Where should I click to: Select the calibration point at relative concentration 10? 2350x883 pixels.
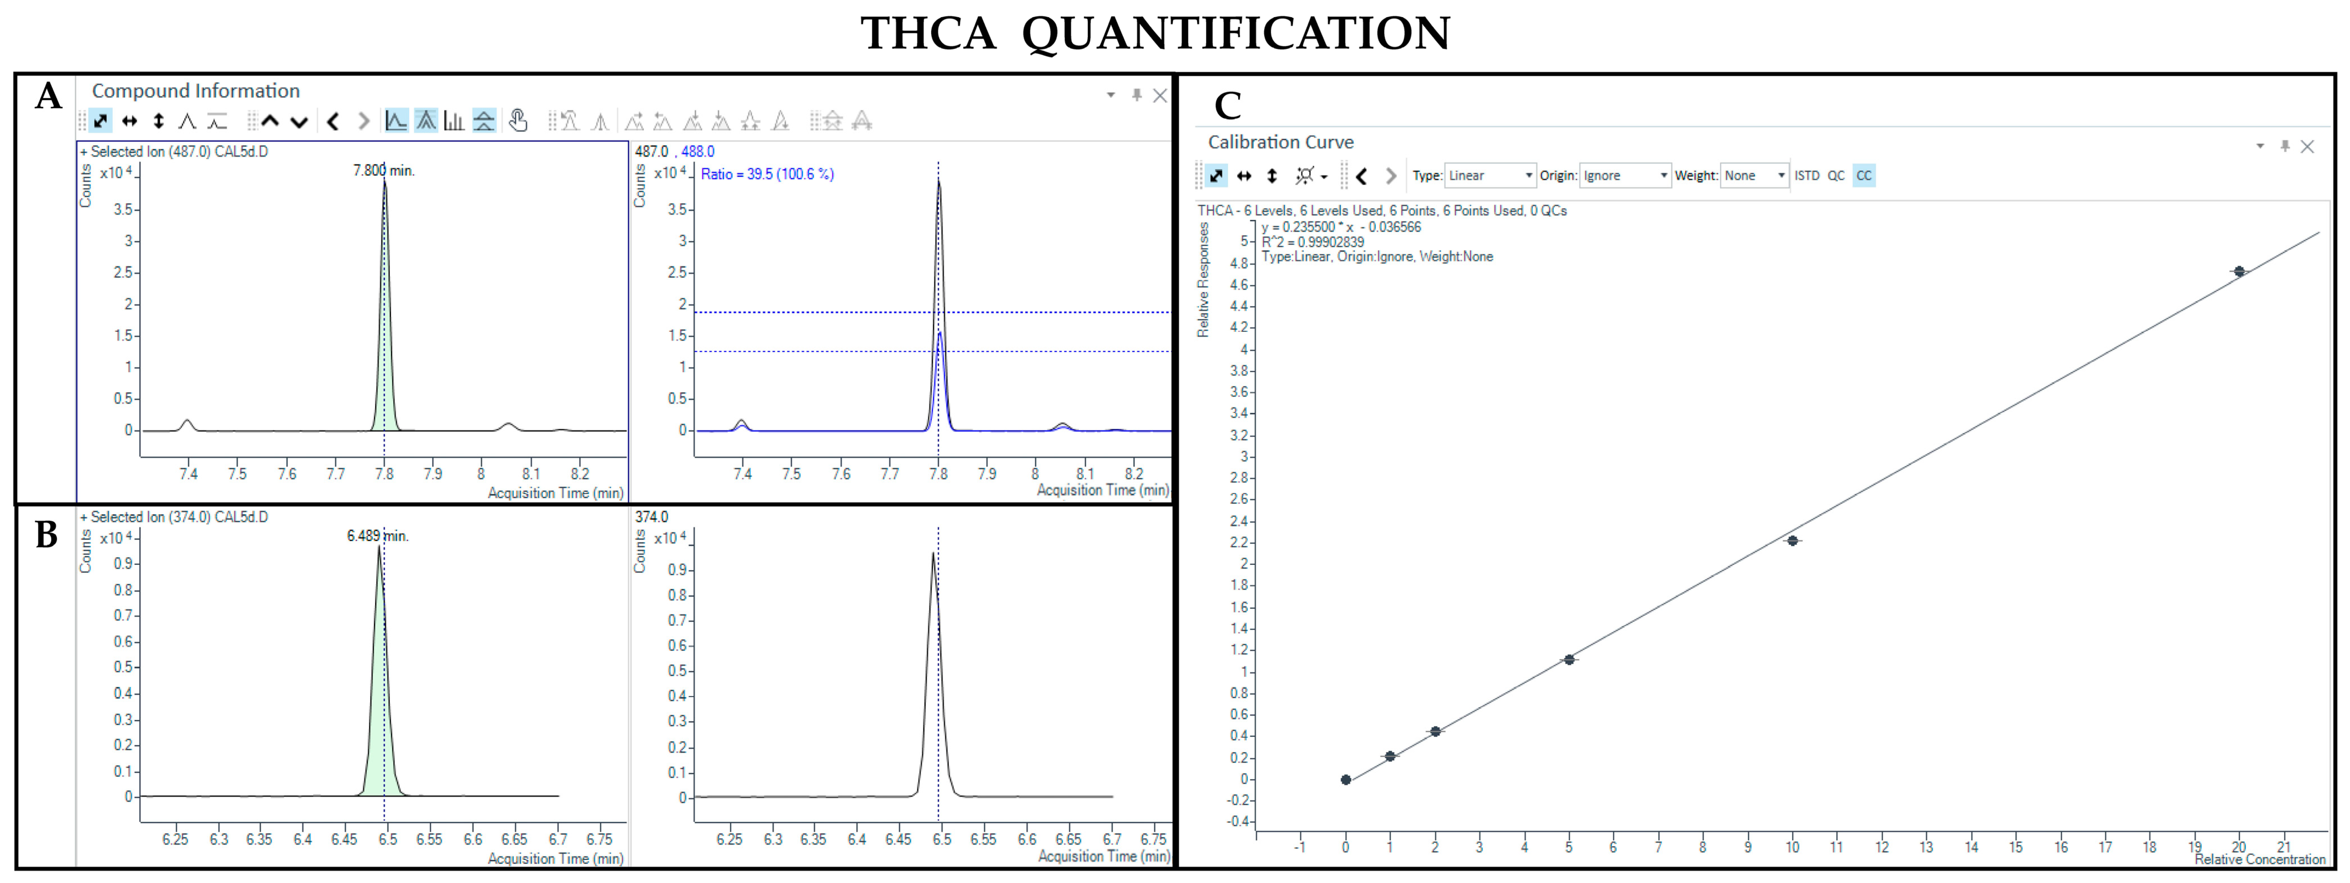point(1793,541)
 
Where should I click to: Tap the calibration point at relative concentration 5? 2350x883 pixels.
point(1569,660)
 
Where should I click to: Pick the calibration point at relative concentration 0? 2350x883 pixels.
point(1346,780)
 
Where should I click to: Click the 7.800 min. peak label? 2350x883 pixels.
point(383,171)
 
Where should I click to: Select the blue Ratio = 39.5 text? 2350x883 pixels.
point(766,174)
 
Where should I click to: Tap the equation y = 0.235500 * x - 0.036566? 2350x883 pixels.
point(1341,227)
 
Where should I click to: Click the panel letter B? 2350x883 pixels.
point(46,535)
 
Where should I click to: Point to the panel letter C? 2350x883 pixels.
point(1228,106)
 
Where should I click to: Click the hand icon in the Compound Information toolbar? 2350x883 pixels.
point(518,121)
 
